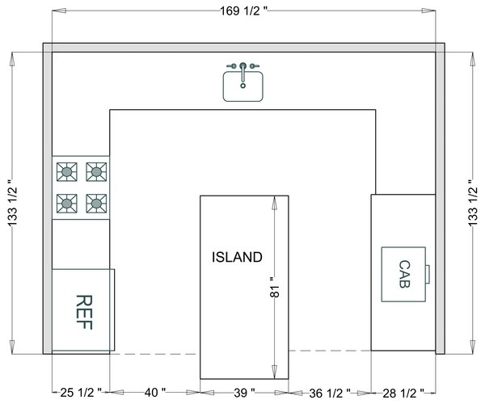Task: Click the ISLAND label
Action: pos(237,257)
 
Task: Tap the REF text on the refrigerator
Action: pos(84,312)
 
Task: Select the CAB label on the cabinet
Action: pos(404,274)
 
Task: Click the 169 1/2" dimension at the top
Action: pos(243,11)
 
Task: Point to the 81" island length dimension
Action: pos(274,287)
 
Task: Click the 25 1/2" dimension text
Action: pos(81,393)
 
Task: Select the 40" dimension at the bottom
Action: pos(155,393)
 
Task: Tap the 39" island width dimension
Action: pos(244,393)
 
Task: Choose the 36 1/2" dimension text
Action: pos(330,393)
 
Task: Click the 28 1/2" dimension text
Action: pos(403,393)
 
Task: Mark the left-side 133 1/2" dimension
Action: pos(12,203)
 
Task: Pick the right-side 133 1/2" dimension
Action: pos(472,203)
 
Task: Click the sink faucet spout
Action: pos(243,73)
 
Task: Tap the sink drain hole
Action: pos(243,86)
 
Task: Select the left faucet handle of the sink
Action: pos(232,65)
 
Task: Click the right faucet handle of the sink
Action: pos(255,65)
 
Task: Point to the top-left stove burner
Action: pos(67,171)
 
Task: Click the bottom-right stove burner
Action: pos(96,204)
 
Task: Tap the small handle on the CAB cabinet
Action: pos(428,274)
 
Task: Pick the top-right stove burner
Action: pos(96,171)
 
